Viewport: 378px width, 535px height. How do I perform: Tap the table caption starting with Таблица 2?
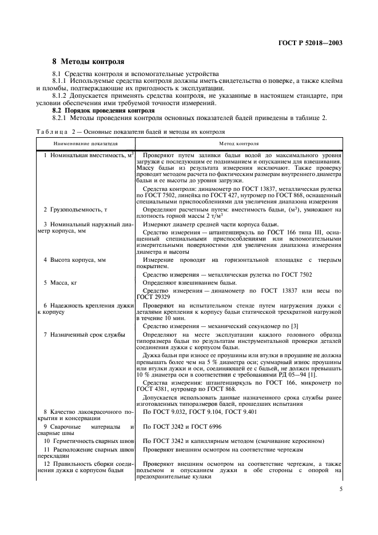tap(125, 132)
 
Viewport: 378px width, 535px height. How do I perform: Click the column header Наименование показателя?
tap(85, 144)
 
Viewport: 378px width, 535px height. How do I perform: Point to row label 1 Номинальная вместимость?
tap(89, 155)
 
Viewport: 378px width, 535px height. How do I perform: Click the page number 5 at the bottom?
tap(341, 489)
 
